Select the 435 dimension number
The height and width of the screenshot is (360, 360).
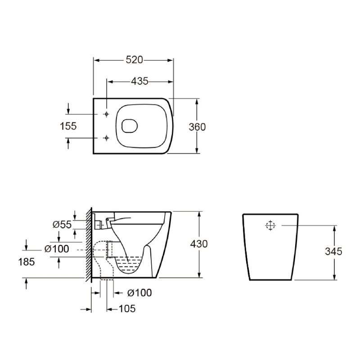tap(139, 81)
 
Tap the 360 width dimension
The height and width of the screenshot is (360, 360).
tap(197, 127)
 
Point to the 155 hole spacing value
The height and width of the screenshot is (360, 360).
tap(68, 126)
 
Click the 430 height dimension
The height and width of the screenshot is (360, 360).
tap(199, 244)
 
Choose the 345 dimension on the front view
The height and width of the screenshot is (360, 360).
tap(333, 252)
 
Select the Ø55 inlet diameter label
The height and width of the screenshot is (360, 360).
tap(62, 225)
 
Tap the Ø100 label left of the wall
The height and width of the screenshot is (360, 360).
tap(57, 249)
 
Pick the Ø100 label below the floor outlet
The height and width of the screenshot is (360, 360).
tap(139, 293)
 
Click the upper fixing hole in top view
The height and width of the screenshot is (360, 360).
tap(106, 114)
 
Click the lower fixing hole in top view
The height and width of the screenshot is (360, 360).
tap(106, 137)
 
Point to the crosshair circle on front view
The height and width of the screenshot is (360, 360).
tap(270, 226)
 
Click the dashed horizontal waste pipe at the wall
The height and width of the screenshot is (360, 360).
tap(100, 249)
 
